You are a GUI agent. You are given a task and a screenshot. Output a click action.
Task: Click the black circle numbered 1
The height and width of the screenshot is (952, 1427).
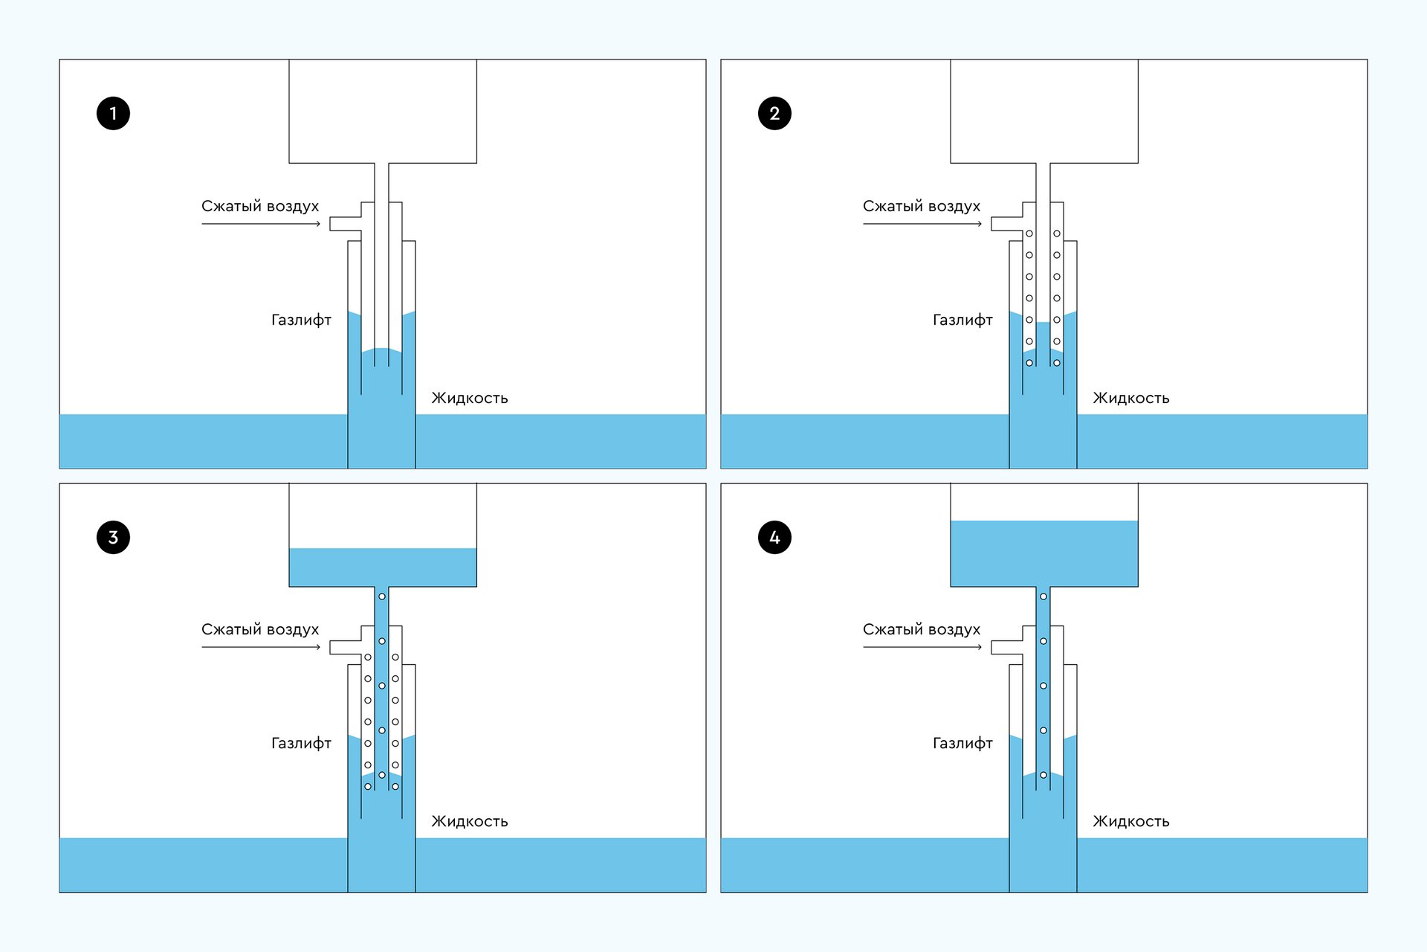[113, 113]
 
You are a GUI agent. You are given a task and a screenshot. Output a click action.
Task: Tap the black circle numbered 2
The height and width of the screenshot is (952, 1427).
[774, 113]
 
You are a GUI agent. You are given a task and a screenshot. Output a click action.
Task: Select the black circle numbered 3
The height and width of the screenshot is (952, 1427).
[113, 537]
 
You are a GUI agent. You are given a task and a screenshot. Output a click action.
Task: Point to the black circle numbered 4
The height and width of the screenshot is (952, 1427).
[774, 537]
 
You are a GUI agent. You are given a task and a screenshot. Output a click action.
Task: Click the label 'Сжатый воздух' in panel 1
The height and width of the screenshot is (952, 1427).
[260, 206]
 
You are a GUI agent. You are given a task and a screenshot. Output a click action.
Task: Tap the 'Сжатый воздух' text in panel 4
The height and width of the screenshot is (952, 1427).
[922, 629]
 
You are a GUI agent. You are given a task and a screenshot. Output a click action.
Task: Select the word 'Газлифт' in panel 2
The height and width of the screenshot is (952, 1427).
[962, 320]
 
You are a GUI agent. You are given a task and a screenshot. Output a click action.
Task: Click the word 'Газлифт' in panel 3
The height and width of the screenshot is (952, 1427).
[301, 743]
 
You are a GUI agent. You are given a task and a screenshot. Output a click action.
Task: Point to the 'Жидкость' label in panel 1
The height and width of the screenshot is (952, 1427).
[470, 398]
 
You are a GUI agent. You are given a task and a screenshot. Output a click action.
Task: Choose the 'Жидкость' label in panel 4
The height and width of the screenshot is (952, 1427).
[1130, 821]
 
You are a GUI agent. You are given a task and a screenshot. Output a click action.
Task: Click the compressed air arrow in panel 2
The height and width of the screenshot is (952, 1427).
[922, 224]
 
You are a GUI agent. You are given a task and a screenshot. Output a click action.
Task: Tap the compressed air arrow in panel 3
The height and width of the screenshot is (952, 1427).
[260, 647]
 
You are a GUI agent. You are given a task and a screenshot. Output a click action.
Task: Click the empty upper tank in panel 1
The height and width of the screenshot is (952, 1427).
[382, 112]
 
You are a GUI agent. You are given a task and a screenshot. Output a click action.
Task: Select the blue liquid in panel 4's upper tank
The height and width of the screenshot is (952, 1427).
[1043, 553]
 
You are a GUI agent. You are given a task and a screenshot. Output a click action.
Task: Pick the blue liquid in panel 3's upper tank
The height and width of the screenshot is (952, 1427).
[382, 567]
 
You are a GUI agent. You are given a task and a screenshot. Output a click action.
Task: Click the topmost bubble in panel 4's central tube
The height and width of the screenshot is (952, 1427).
[1043, 596]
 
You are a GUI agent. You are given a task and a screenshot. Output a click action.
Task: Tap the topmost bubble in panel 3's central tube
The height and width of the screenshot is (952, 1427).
[382, 596]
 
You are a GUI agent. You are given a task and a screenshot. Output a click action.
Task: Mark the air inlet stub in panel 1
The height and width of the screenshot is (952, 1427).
[345, 224]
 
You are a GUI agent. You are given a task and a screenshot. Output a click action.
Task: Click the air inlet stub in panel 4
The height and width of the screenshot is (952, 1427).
[1006, 647]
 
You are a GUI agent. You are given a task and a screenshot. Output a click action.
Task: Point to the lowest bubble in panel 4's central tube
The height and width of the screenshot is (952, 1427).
[1043, 775]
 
